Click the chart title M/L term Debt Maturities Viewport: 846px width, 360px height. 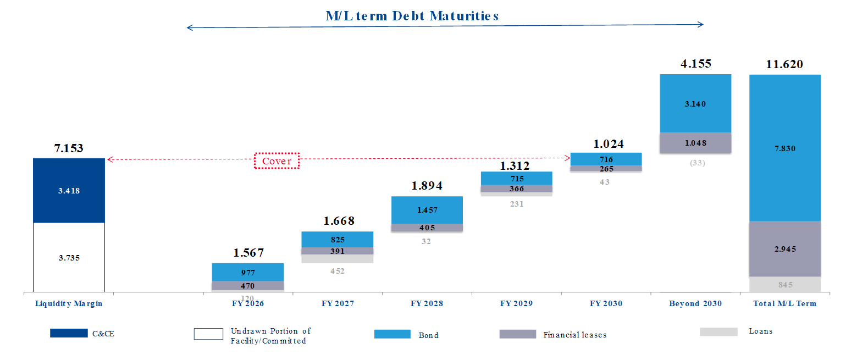412,15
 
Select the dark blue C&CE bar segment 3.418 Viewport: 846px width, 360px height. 69,190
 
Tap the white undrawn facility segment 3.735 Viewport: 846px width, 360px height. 69,257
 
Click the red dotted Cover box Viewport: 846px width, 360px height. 277,161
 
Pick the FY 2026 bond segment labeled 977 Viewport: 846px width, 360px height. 247,272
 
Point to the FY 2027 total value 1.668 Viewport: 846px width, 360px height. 339,221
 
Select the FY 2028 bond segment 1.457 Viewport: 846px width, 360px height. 427,210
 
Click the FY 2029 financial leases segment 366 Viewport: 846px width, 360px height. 516,189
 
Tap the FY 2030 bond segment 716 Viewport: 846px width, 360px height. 606,159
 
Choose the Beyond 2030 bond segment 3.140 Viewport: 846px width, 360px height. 695,103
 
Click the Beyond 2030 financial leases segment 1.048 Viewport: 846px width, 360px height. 695,142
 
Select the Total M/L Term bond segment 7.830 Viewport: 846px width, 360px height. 784,148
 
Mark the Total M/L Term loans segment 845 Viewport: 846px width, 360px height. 784,284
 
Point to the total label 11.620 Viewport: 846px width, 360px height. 784,64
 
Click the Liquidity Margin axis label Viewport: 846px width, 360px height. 69,303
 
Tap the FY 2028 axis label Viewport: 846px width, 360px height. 427,303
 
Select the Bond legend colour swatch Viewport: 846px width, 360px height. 392,334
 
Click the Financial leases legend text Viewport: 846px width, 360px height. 574,335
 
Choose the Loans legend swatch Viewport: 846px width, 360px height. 718,331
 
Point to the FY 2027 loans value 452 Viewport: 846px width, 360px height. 338,270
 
